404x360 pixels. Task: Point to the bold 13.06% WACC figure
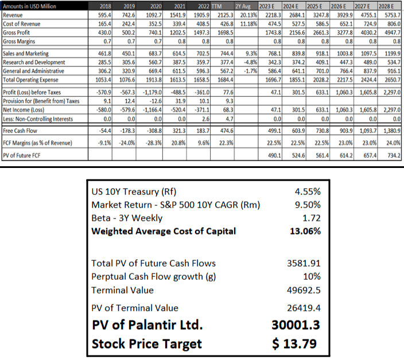point(304,232)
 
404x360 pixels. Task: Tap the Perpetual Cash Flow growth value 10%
point(311,277)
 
